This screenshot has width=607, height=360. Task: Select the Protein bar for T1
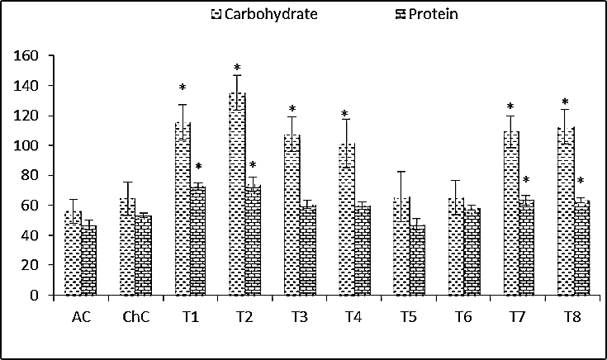click(x=198, y=240)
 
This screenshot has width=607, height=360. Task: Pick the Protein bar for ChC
click(x=144, y=255)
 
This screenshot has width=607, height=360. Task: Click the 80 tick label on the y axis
click(x=31, y=175)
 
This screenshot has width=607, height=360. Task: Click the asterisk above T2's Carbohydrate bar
click(x=237, y=69)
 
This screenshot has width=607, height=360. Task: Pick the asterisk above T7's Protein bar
click(x=526, y=181)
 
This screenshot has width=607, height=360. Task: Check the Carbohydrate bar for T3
click(x=292, y=215)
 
